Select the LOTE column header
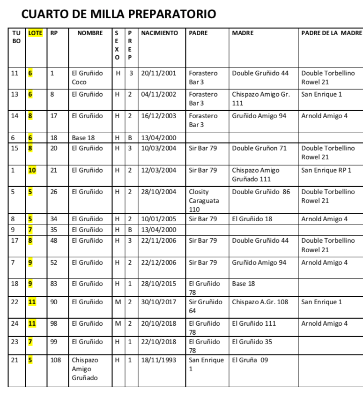[x=35, y=33]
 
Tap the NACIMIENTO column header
[x=159, y=33]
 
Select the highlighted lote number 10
[x=32, y=170]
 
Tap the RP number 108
[x=55, y=361]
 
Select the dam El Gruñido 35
[x=252, y=342]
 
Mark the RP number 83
[x=54, y=284]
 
